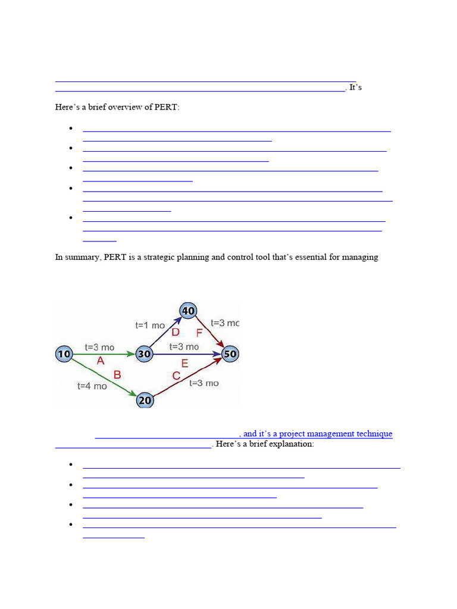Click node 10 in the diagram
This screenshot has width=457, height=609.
(x=64, y=354)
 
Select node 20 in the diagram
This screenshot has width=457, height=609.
(x=145, y=400)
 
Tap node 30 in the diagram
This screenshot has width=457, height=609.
(x=145, y=354)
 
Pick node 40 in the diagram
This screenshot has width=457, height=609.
(x=189, y=310)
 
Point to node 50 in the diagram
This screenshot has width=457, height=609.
(x=230, y=354)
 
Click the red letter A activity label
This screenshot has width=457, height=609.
(x=101, y=361)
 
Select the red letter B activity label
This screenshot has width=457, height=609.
(x=117, y=375)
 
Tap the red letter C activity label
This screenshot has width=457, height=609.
(x=176, y=376)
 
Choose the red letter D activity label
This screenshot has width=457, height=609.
(x=176, y=332)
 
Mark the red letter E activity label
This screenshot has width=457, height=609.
(x=184, y=363)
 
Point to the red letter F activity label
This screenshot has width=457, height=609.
(x=199, y=333)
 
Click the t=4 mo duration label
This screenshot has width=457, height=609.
(x=92, y=386)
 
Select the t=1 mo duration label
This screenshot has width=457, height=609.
(x=150, y=325)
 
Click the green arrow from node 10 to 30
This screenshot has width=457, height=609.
(x=104, y=354)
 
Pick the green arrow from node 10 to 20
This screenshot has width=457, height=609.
(x=104, y=377)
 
